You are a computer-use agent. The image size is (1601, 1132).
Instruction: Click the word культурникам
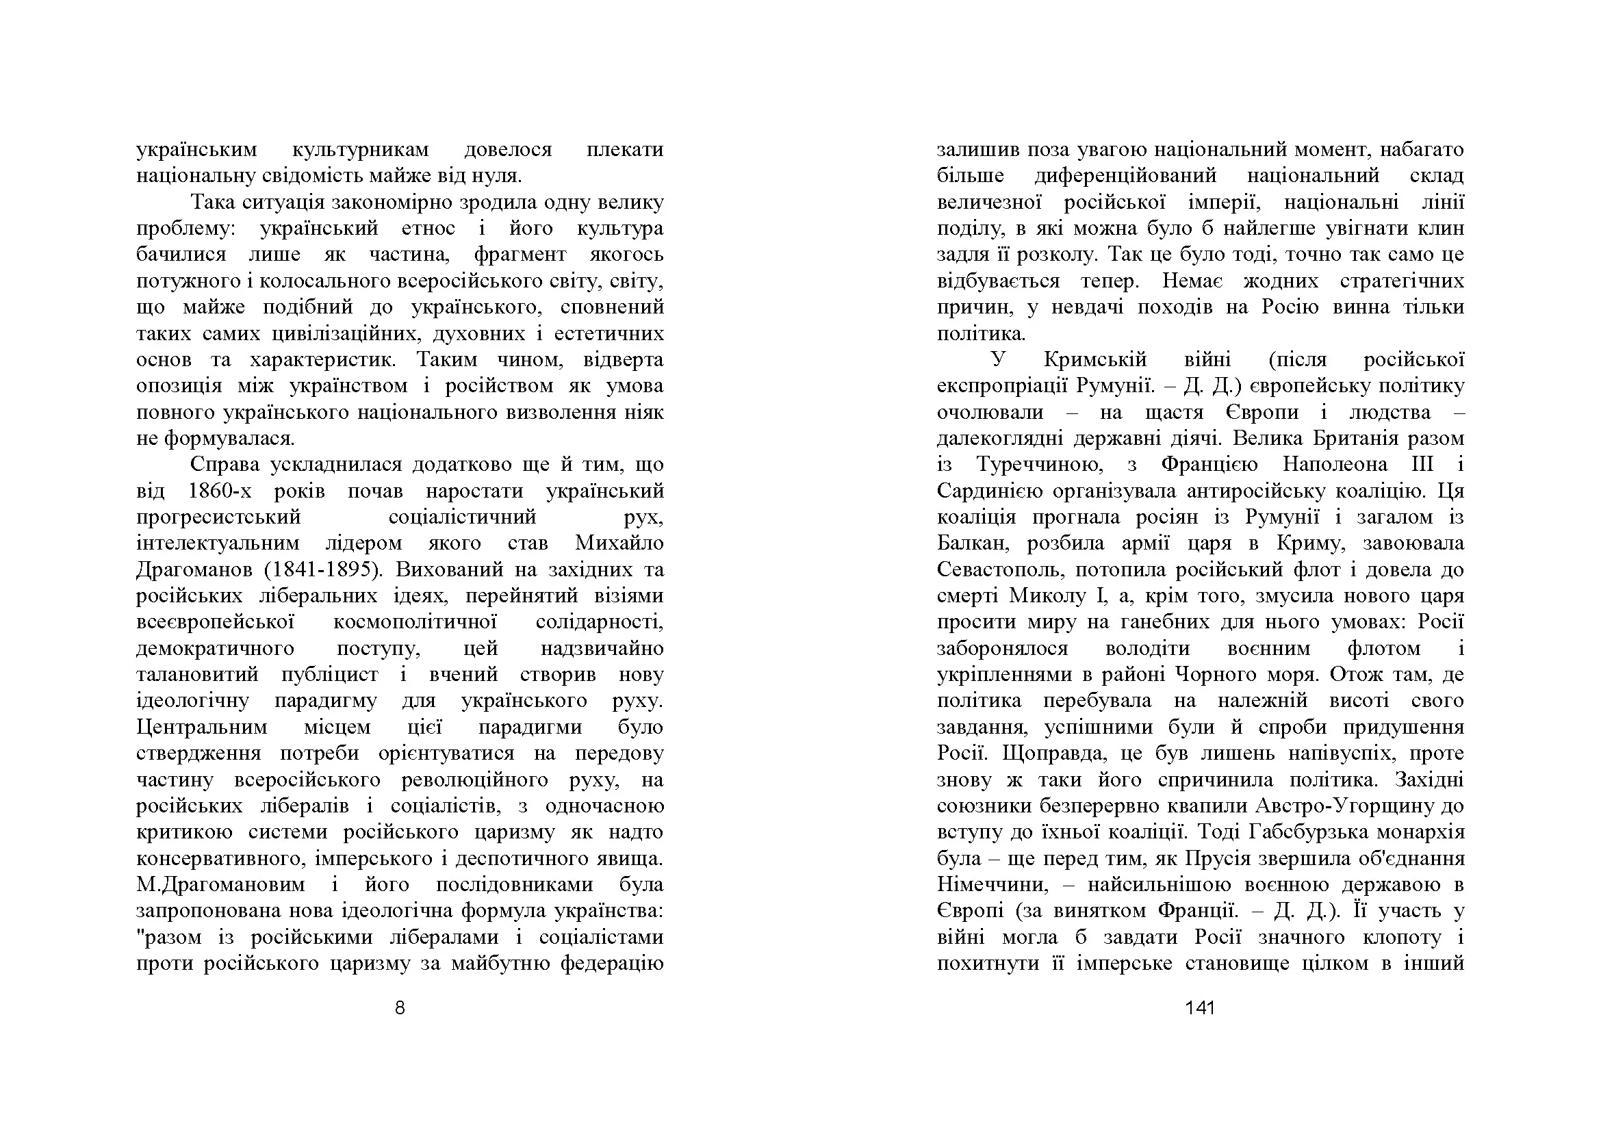[x=360, y=150]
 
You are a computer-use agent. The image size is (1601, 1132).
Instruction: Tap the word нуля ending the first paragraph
[x=498, y=177]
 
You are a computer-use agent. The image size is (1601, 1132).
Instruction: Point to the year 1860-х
[x=220, y=491]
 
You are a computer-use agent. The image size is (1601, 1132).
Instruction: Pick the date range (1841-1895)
[x=324, y=570]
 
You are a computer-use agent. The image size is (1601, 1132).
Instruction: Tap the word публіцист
[x=329, y=675]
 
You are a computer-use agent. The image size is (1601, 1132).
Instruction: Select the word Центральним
[x=201, y=727]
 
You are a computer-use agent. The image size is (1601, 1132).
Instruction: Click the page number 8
[x=400, y=1008]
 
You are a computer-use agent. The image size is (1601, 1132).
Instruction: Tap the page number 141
[x=1199, y=1008]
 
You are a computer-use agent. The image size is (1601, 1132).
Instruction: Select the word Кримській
[x=1095, y=360]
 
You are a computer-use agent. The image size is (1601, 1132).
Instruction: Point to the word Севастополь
[x=1001, y=570]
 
